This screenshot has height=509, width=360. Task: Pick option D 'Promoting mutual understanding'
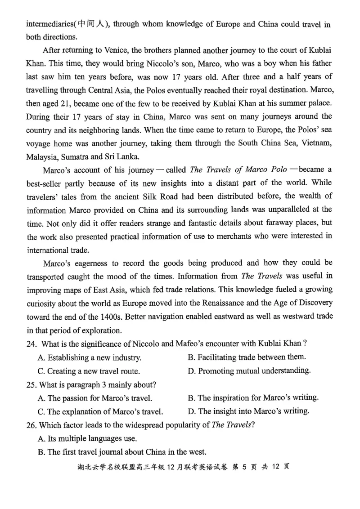coord(249,371)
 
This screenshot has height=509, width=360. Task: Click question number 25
coord(31,385)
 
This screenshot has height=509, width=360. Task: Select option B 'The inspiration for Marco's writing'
coord(253,397)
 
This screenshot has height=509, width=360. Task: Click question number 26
coord(31,425)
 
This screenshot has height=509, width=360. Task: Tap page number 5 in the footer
coord(245,467)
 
